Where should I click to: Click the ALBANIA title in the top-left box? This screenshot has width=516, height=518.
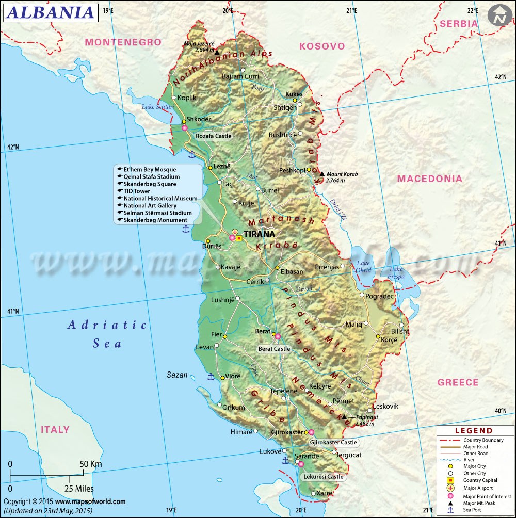[x=50, y=12]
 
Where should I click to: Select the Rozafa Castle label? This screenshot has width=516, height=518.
[x=213, y=136]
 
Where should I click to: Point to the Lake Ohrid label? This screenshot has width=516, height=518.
[x=363, y=267]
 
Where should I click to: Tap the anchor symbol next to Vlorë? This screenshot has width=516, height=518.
[x=211, y=377]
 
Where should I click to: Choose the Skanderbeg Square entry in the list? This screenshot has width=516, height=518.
[x=149, y=184]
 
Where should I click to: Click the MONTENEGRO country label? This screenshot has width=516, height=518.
[x=123, y=42]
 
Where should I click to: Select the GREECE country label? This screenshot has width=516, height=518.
[x=458, y=382]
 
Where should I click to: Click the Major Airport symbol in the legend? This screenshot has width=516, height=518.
[x=450, y=488]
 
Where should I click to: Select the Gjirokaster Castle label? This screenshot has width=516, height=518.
[x=333, y=443]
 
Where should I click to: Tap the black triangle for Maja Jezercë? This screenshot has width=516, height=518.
[x=217, y=53]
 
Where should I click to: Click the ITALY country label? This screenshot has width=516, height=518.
[x=55, y=430]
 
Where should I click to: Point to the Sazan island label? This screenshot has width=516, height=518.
[x=177, y=375]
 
